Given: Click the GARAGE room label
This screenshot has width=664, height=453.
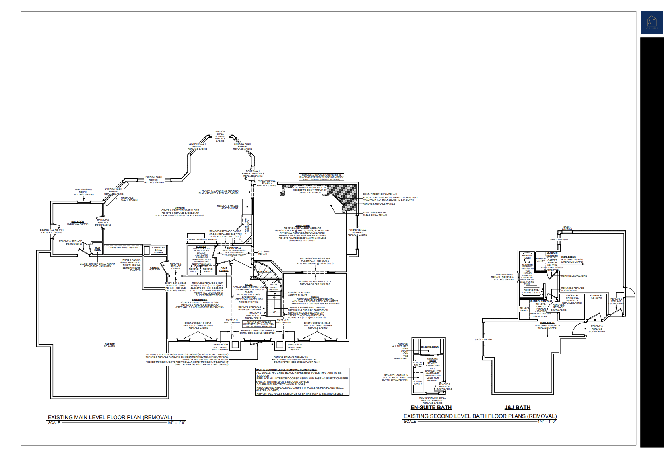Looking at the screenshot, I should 109,345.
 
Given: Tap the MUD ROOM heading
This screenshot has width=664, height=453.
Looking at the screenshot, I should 78,221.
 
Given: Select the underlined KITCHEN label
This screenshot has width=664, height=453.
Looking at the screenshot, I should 180,208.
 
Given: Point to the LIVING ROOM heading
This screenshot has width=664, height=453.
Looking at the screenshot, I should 302,226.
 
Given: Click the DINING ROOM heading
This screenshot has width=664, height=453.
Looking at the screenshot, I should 200,300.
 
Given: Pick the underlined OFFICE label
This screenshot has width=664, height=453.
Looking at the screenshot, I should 315,296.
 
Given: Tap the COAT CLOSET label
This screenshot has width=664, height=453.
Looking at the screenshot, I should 224,269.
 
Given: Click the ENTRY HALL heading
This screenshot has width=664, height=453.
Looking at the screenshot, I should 234,248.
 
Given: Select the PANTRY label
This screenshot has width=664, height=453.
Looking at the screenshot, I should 155,268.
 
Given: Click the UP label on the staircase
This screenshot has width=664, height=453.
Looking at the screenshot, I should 274,312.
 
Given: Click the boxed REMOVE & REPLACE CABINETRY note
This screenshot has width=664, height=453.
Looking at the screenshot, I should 321,177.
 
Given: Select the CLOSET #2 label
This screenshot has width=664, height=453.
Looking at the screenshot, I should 596,296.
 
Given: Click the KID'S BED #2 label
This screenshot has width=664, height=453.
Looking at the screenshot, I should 568,257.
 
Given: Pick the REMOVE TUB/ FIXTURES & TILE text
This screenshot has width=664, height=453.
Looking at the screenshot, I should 531,291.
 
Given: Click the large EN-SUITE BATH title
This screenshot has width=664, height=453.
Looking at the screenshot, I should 431,407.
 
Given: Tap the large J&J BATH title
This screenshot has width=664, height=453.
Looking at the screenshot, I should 517,407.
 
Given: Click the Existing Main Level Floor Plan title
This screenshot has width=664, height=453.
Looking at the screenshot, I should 110,417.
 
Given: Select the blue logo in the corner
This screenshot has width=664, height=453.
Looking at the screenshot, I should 652,22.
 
